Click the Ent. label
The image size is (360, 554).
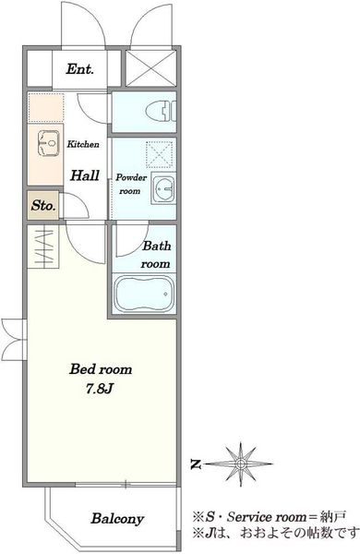click(79, 69)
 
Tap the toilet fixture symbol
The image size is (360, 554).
click(162, 111)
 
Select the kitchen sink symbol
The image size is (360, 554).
click(48, 143)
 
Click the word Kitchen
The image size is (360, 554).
click(83, 144)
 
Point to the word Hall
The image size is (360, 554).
click(84, 175)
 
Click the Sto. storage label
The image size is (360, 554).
click(43, 205)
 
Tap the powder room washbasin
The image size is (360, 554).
click(163, 188)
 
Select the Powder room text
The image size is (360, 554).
click(131, 184)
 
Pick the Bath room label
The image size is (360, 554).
click(156, 255)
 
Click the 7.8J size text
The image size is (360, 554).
click(100, 389)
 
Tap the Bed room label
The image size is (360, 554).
click(101, 369)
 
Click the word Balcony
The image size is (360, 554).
click(117, 519)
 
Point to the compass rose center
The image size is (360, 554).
click(240, 464)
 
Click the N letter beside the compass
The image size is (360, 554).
click(196, 464)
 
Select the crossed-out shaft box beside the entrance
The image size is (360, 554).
click(150, 68)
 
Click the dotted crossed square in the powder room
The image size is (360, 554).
click(160, 154)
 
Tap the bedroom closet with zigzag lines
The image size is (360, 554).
click(43, 247)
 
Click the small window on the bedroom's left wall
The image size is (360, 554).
click(14, 340)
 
